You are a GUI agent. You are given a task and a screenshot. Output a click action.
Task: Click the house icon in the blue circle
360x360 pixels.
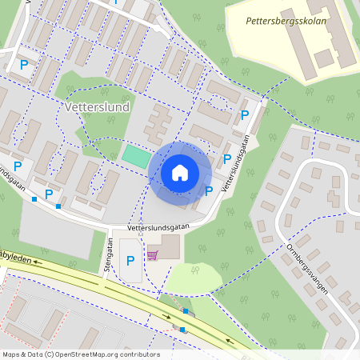pyautogui.click(x=180, y=172)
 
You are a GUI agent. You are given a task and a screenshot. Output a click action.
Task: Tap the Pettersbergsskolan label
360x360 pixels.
pyautogui.click(x=286, y=22)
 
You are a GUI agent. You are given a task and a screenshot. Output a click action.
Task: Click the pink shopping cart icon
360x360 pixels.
pyautogui.click(x=152, y=255)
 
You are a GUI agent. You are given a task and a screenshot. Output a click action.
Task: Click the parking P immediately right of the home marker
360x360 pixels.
pyautogui.click(x=209, y=190)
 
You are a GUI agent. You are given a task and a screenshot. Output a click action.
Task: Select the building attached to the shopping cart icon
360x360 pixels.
pyautogui.click(x=169, y=246)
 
